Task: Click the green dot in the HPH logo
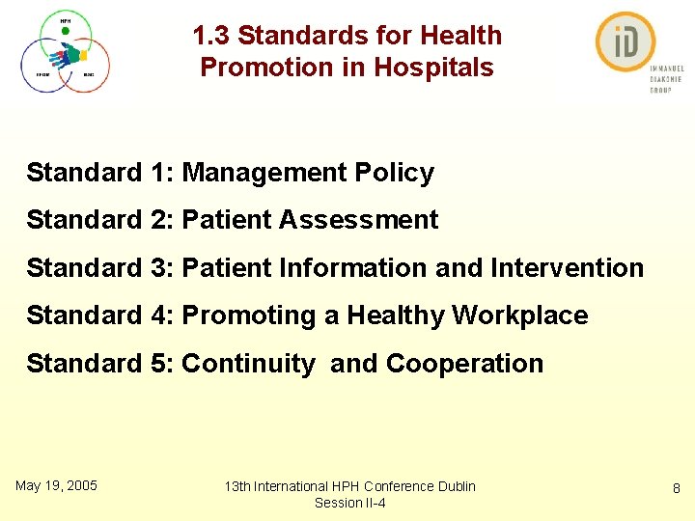[x=65, y=31]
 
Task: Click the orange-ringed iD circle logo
[x=625, y=42]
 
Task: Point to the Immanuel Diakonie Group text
[x=665, y=79]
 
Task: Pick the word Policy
[x=395, y=173]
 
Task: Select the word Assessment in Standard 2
[x=358, y=220]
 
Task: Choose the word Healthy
[x=395, y=315]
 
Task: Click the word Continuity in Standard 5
[x=248, y=364]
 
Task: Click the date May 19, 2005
[x=56, y=485]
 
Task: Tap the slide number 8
[x=678, y=489]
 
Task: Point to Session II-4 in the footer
[x=349, y=503]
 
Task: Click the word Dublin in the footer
[x=456, y=486]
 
